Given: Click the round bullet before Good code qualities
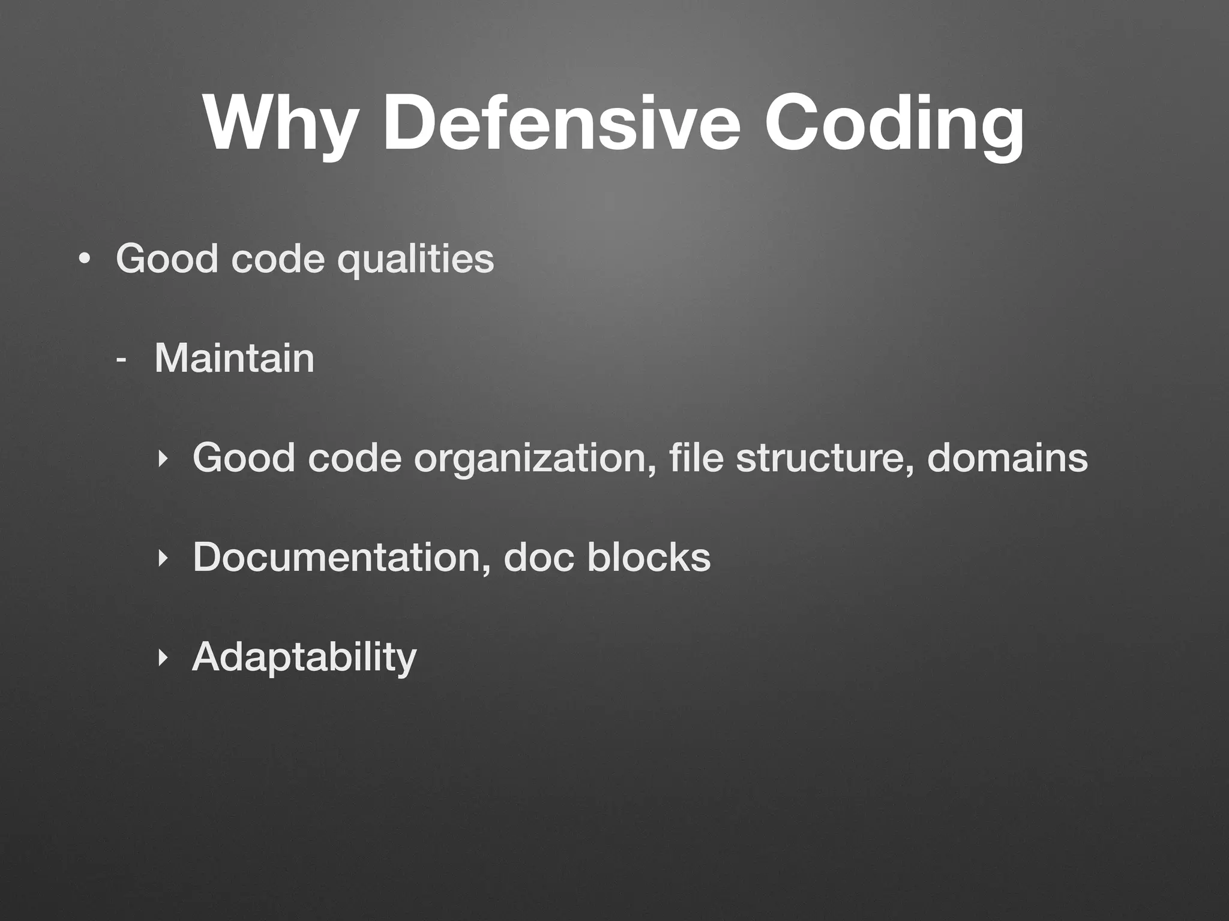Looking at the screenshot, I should (85, 259).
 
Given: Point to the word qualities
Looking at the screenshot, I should (416, 260).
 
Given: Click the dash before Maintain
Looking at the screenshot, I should (122, 360).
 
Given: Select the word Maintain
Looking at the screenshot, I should (234, 359).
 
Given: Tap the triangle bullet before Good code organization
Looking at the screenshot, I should (161, 459).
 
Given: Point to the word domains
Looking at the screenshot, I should (1007, 458).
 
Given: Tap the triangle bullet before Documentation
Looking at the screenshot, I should (161, 558).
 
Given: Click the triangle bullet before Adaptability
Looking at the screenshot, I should (161, 658).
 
